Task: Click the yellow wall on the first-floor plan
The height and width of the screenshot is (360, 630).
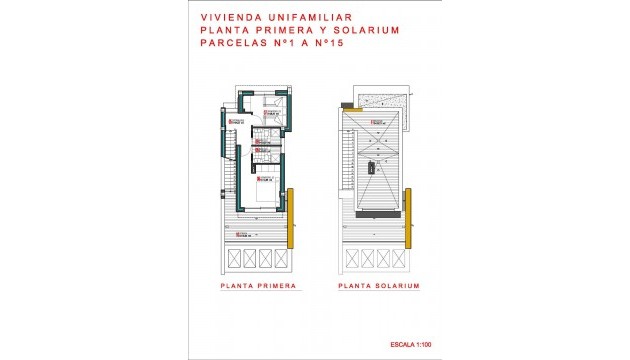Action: [x=290, y=216]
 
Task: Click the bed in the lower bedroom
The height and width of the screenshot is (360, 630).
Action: [x=267, y=191]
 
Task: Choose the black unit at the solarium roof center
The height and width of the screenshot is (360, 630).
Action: [x=371, y=166]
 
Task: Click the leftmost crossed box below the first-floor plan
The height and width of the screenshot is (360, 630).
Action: [x=235, y=260]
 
